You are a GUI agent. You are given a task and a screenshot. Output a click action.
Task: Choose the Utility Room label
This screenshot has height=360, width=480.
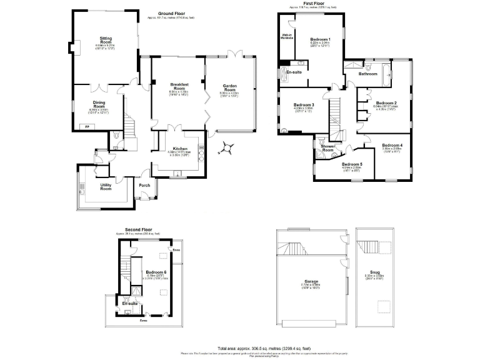pyautogui.click(x=106, y=186)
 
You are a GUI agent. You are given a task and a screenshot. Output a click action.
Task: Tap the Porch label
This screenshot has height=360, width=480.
pyautogui.click(x=144, y=185)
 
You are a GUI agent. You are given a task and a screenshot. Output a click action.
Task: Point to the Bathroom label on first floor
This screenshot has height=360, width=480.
pyautogui.click(x=367, y=74)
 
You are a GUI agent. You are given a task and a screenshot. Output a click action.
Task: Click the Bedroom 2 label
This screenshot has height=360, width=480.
pyautogui.click(x=386, y=102)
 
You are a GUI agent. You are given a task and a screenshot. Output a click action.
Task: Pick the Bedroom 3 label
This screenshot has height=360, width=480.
pyautogui.click(x=303, y=104)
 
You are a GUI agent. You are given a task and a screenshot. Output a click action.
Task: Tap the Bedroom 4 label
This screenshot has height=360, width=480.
pyautogui.click(x=392, y=145)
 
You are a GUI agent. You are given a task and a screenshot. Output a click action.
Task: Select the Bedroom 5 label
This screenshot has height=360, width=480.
pyautogui.click(x=352, y=164)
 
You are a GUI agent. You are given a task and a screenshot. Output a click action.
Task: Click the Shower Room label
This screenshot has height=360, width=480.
pyautogui.click(x=327, y=147)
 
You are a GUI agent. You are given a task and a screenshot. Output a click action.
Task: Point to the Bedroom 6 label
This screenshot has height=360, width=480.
pyautogui.click(x=156, y=272)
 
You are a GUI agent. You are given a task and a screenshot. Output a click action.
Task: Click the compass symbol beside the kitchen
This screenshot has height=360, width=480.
pyautogui.click(x=227, y=147)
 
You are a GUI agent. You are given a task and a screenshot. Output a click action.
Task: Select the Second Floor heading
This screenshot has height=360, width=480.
pyautogui.click(x=138, y=230)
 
